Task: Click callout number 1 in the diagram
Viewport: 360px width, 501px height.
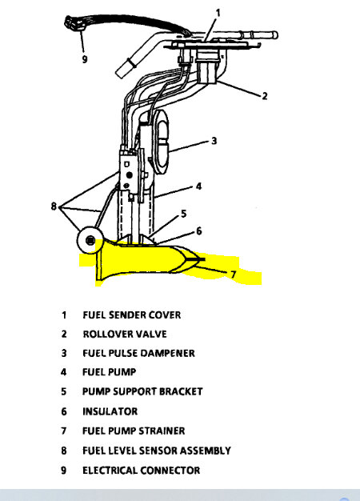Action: point(218,13)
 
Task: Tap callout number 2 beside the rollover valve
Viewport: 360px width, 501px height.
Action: point(265,96)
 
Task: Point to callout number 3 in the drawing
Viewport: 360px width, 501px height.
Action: point(214,141)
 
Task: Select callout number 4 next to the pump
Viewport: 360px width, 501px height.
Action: point(198,186)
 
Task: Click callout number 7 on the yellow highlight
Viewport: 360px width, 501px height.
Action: point(233,275)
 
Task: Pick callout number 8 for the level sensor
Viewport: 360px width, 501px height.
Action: point(54,206)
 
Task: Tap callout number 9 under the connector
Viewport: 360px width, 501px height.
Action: point(84,59)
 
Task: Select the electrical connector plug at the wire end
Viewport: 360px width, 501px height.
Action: point(74,23)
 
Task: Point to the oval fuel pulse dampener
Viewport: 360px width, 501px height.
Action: point(163,142)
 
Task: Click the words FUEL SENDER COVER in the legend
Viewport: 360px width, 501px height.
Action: point(132,315)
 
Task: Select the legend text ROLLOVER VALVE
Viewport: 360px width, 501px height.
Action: point(125,335)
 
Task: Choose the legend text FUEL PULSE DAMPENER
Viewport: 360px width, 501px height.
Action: point(138,354)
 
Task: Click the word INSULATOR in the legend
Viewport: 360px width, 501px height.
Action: point(110,411)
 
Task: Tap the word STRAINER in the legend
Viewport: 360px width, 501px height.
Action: point(162,431)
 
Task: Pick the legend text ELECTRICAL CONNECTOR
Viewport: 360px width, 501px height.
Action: point(141,471)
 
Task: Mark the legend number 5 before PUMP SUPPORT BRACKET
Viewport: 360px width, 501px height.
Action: point(64,391)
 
